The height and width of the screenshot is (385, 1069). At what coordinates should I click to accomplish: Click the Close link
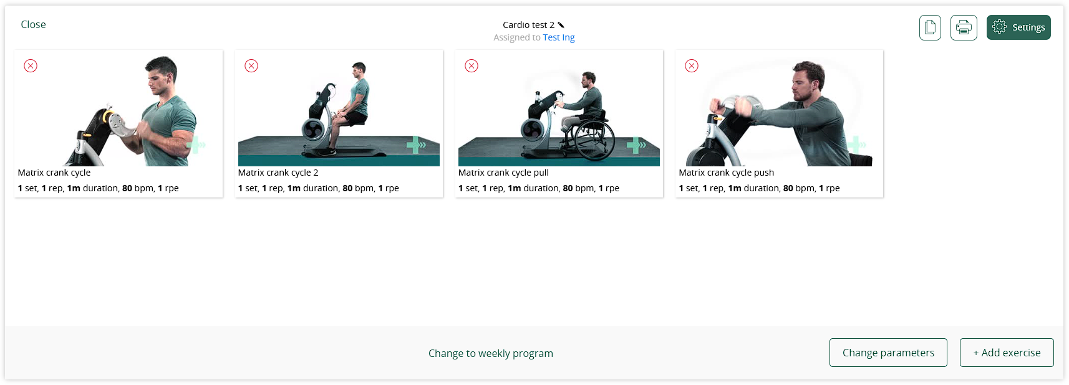coord(33,24)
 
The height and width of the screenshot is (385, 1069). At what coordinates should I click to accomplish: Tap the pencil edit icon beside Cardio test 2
coord(561,25)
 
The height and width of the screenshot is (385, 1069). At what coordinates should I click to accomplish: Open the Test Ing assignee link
coord(558,37)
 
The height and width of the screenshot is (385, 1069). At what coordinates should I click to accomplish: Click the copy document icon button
coord(930,27)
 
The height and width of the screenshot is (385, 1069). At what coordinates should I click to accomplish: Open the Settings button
coord(1018,27)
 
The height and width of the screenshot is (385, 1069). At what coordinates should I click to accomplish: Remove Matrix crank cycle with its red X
coord(31,66)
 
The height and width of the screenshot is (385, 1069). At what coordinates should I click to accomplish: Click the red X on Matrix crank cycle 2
coord(251,66)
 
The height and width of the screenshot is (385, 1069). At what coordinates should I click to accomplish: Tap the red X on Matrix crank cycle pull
coord(472,66)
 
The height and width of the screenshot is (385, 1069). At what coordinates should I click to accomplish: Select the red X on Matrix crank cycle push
coord(692,66)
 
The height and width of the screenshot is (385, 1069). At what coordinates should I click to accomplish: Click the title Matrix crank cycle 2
coord(278,173)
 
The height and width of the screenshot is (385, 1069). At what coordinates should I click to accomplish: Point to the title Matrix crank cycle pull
coord(503,173)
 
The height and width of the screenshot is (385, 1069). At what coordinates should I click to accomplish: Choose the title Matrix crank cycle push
coord(726,173)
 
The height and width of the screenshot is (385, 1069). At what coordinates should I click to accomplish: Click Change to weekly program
coord(491,353)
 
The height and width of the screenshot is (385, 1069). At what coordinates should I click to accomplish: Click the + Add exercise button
coord(1007,353)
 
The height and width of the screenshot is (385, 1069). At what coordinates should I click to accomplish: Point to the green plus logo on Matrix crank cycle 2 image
coord(415,145)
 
